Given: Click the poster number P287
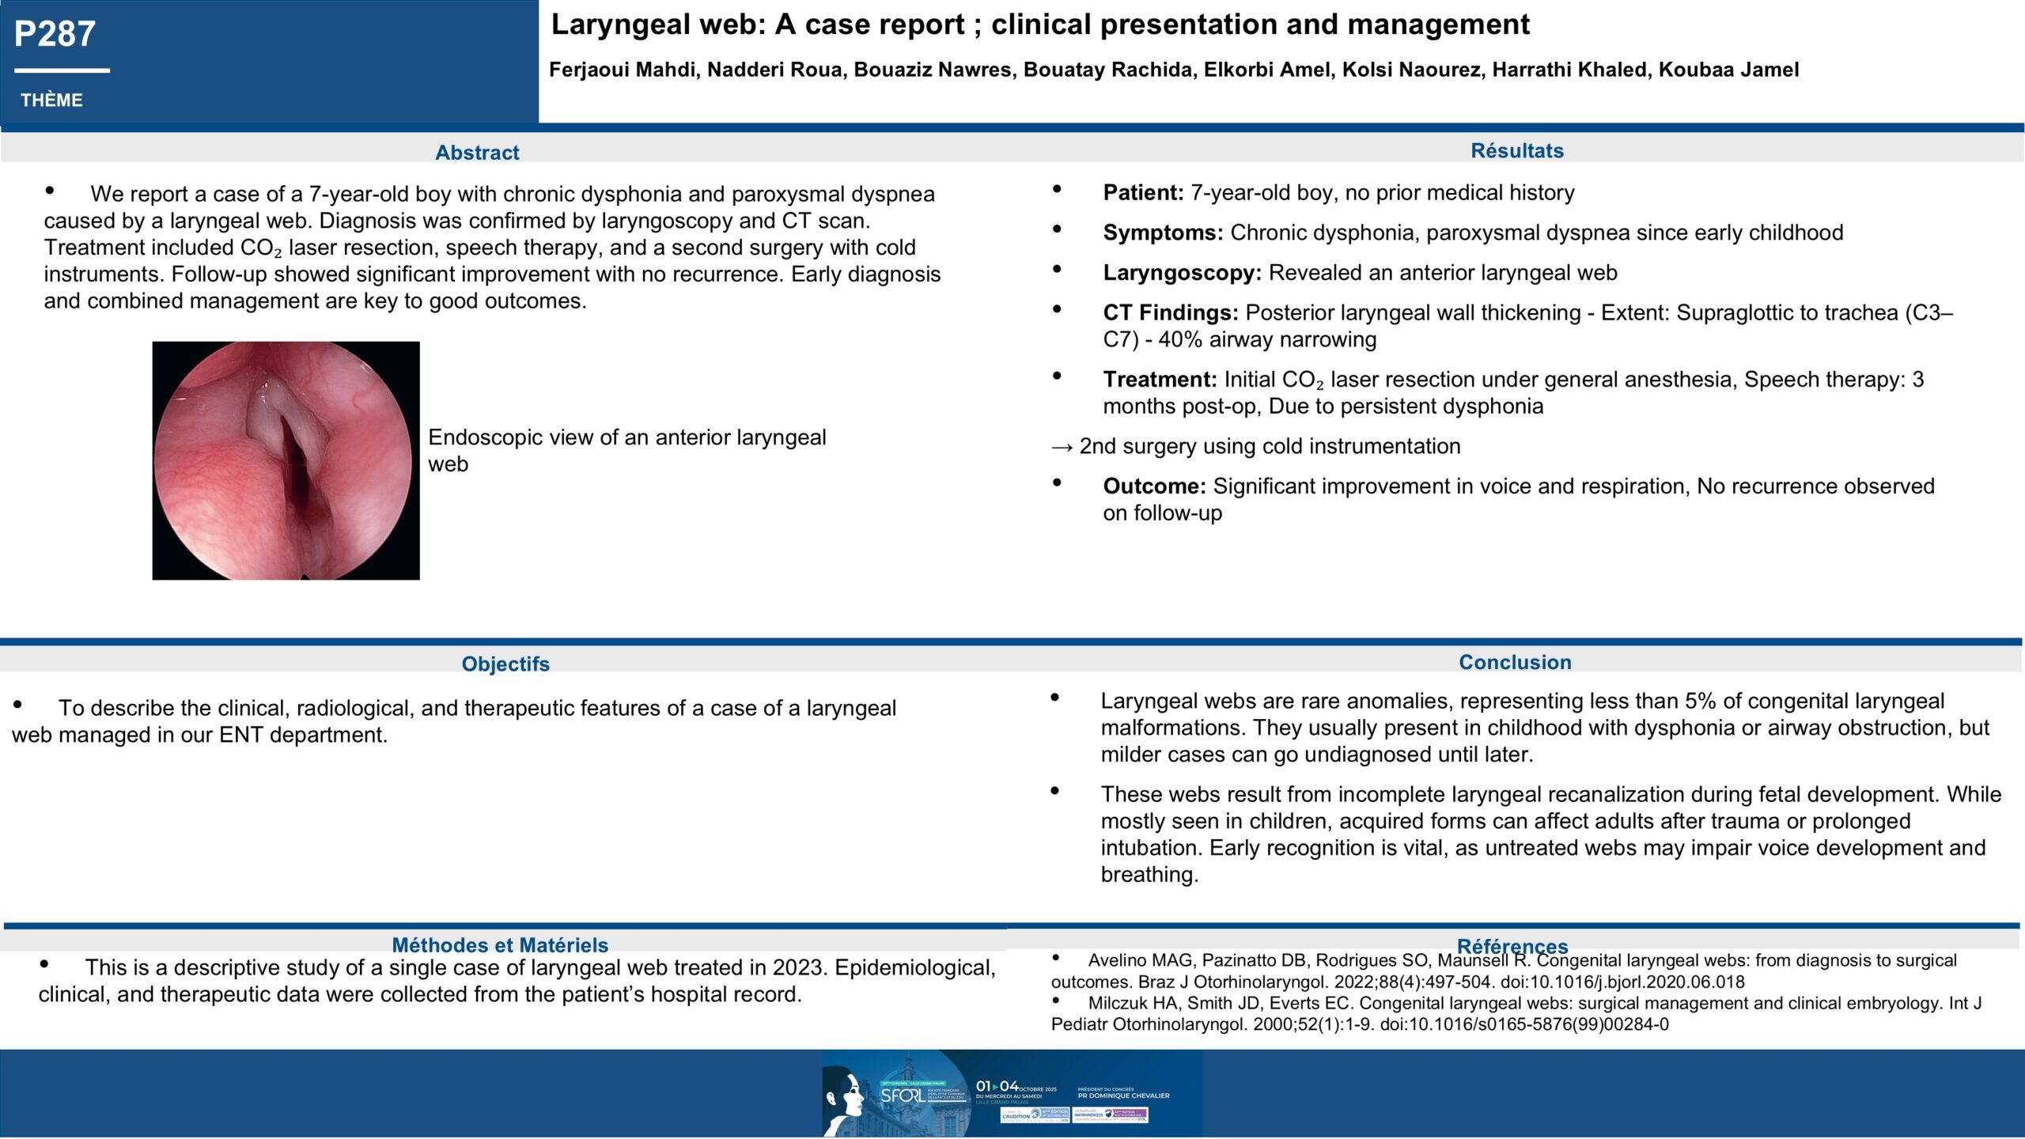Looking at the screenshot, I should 55,34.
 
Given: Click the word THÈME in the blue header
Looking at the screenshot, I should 51,100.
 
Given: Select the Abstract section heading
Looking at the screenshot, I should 477,153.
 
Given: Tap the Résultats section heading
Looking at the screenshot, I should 1516,151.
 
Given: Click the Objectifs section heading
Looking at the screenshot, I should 505,664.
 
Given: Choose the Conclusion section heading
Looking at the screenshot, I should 1515,662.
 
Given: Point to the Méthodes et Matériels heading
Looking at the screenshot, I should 500,945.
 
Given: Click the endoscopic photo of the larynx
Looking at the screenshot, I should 286,460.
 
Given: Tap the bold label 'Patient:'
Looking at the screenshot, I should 1143,193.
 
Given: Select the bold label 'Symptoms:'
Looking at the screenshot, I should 1163,233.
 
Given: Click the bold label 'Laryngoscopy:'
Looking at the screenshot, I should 1182,274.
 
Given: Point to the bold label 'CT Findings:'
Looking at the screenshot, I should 1171,313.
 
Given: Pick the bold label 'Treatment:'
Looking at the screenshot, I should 1160,380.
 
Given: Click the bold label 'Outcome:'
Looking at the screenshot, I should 1154,486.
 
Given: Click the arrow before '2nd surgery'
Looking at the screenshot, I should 1062,447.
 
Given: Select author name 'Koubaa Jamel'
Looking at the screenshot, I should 1728,70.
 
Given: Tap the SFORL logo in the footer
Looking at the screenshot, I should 902,1095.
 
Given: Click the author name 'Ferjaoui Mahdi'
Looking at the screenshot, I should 623,70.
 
